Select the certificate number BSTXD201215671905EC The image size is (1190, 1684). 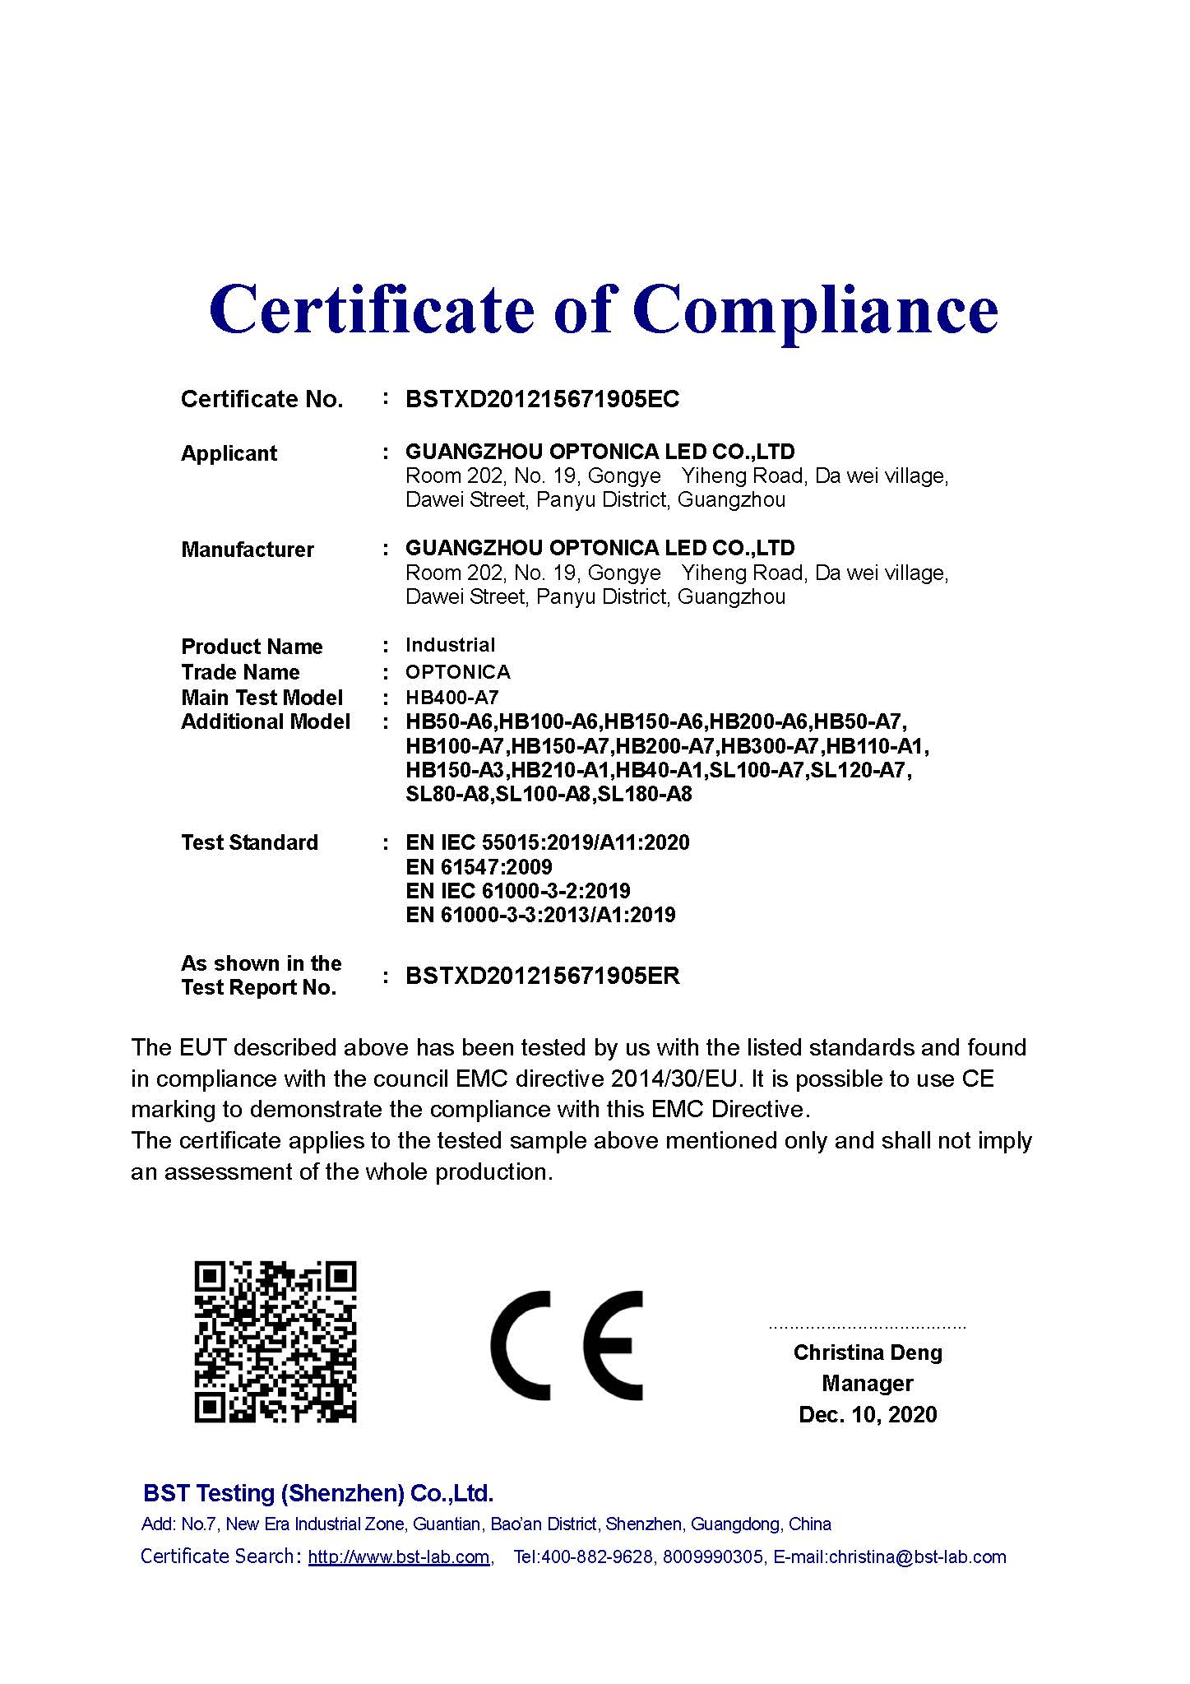click(542, 400)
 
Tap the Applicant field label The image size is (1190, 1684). click(229, 453)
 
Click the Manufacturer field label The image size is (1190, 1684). click(247, 550)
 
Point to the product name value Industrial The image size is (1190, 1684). click(450, 645)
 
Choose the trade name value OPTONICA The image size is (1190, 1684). click(457, 672)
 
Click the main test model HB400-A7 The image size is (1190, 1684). click(451, 698)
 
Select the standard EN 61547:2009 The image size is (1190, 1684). click(479, 867)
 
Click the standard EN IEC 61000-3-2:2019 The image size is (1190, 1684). click(517, 891)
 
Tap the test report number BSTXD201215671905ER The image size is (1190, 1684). click(542, 977)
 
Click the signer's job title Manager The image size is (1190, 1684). click(867, 1384)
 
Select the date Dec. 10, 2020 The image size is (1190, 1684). click(867, 1415)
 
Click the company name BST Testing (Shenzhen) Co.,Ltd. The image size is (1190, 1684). click(318, 1493)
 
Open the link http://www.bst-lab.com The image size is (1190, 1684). click(399, 1557)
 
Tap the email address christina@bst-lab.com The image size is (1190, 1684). click(917, 1557)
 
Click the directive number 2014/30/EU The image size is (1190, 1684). click(676, 1079)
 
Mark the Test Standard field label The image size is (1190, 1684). click(249, 843)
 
